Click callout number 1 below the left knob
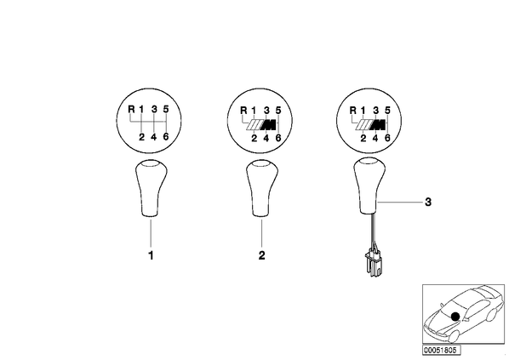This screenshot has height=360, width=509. click(151, 256)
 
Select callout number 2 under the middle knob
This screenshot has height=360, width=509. click(261, 255)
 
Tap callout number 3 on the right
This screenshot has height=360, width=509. click(428, 203)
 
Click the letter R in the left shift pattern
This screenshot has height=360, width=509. click(131, 109)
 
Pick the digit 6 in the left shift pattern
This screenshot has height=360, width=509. click(166, 137)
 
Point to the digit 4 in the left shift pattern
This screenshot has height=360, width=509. click(154, 137)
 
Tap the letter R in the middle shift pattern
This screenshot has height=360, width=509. click(243, 111)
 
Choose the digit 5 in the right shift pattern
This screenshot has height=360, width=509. click(387, 111)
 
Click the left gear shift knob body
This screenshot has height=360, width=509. click(151, 188)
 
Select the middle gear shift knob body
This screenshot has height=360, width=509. click(262, 188)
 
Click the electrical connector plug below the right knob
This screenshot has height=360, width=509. click(374, 263)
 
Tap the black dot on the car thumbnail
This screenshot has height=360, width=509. click(455, 317)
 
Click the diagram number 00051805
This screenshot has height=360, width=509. click(442, 351)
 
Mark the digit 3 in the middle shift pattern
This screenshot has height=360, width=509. click(266, 111)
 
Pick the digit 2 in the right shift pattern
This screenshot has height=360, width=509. click(363, 138)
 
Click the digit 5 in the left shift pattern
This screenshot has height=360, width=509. click(166, 109)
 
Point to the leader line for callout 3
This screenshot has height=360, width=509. click(399, 203)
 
